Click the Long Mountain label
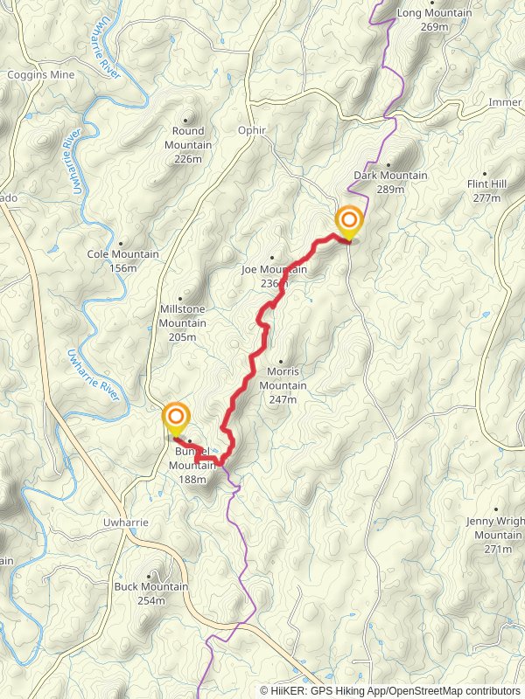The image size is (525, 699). point(434,20)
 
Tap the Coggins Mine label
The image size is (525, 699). point(41,75)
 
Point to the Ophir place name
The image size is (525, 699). point(251,130)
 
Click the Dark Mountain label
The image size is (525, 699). point(390,182)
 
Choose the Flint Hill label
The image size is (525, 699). point(486,191)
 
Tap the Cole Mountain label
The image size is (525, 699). point(123,260)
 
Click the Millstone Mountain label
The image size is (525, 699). point(183,316)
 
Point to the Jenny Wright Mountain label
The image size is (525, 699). point(498,535)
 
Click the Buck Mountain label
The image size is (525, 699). point(151,593)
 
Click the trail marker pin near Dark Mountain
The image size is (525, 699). point(349,222)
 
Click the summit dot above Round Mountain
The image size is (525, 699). point(187,120)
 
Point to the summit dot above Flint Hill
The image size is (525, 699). point(486,173)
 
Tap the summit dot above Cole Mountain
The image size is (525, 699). point(120,244)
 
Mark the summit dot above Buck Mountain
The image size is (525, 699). point(150,576)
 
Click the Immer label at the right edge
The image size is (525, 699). point(506,102)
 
